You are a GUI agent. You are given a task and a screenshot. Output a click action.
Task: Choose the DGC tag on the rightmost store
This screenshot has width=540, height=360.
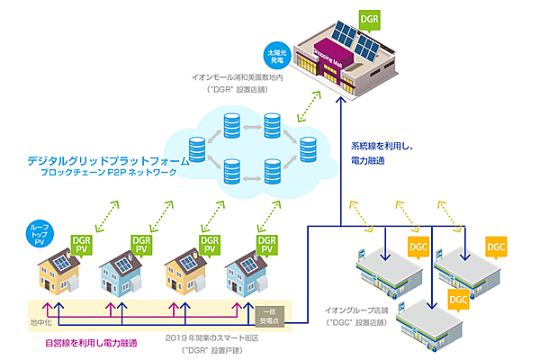pyautogui.click(x=499, y=244)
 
